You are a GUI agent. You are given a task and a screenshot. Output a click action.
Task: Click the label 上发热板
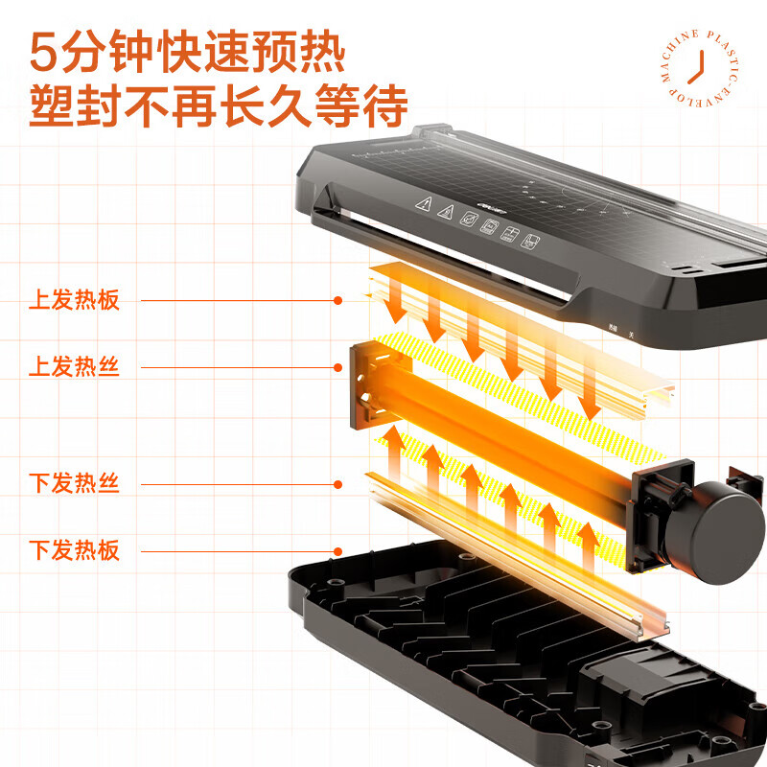74,300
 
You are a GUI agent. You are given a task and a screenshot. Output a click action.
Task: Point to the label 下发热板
74,550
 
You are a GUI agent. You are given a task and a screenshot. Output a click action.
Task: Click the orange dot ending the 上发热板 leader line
337,300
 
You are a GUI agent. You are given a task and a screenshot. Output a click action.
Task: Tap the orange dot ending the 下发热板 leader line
337,550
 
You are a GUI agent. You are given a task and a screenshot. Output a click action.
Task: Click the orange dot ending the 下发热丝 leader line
337,484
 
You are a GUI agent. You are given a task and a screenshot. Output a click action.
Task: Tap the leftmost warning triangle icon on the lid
422,204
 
